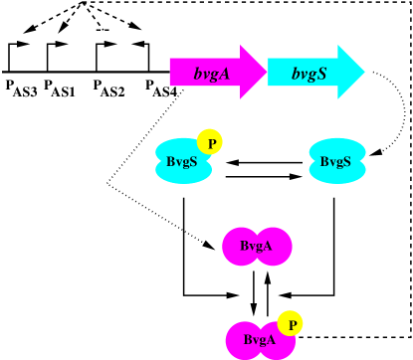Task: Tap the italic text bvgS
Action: pos(309,72)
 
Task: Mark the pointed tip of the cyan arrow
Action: pos(363,72)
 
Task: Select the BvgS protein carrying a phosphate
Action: pos(183,161)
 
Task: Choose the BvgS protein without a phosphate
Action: pos(337,161)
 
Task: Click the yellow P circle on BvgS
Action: pos(210,142)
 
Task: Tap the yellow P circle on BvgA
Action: pos(290,323)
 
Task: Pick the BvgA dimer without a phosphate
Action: pos(257,247)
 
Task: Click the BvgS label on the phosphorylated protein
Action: pos(180,161)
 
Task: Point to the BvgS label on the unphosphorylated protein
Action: pos(336,161)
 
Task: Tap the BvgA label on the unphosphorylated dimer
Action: pos(256,246)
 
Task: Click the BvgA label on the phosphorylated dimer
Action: pos(259,340)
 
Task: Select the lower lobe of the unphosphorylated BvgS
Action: pos(337,173)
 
